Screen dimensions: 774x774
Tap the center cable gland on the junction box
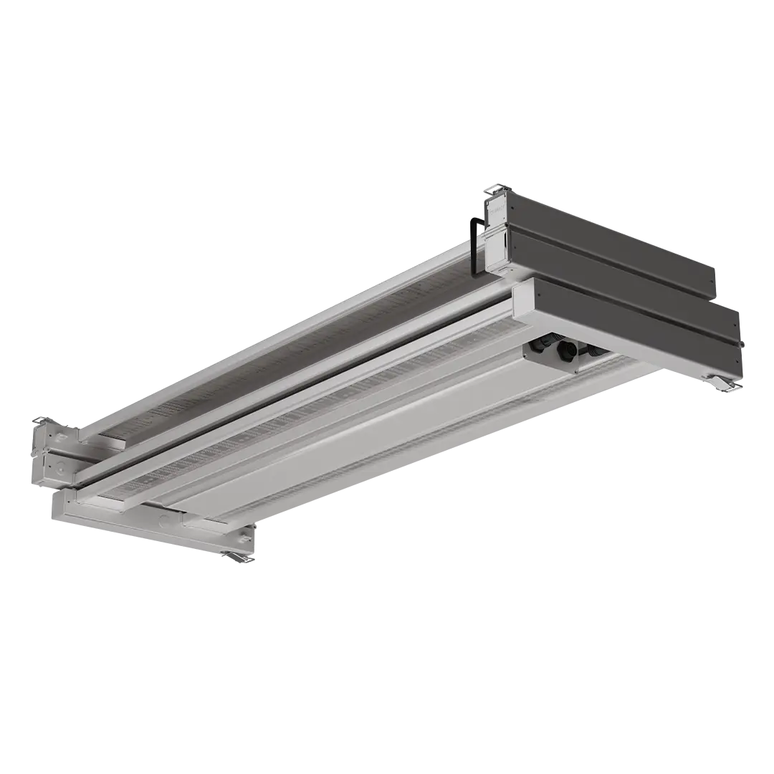(x=566, y=351)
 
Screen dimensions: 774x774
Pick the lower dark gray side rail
(x=638, y=322)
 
